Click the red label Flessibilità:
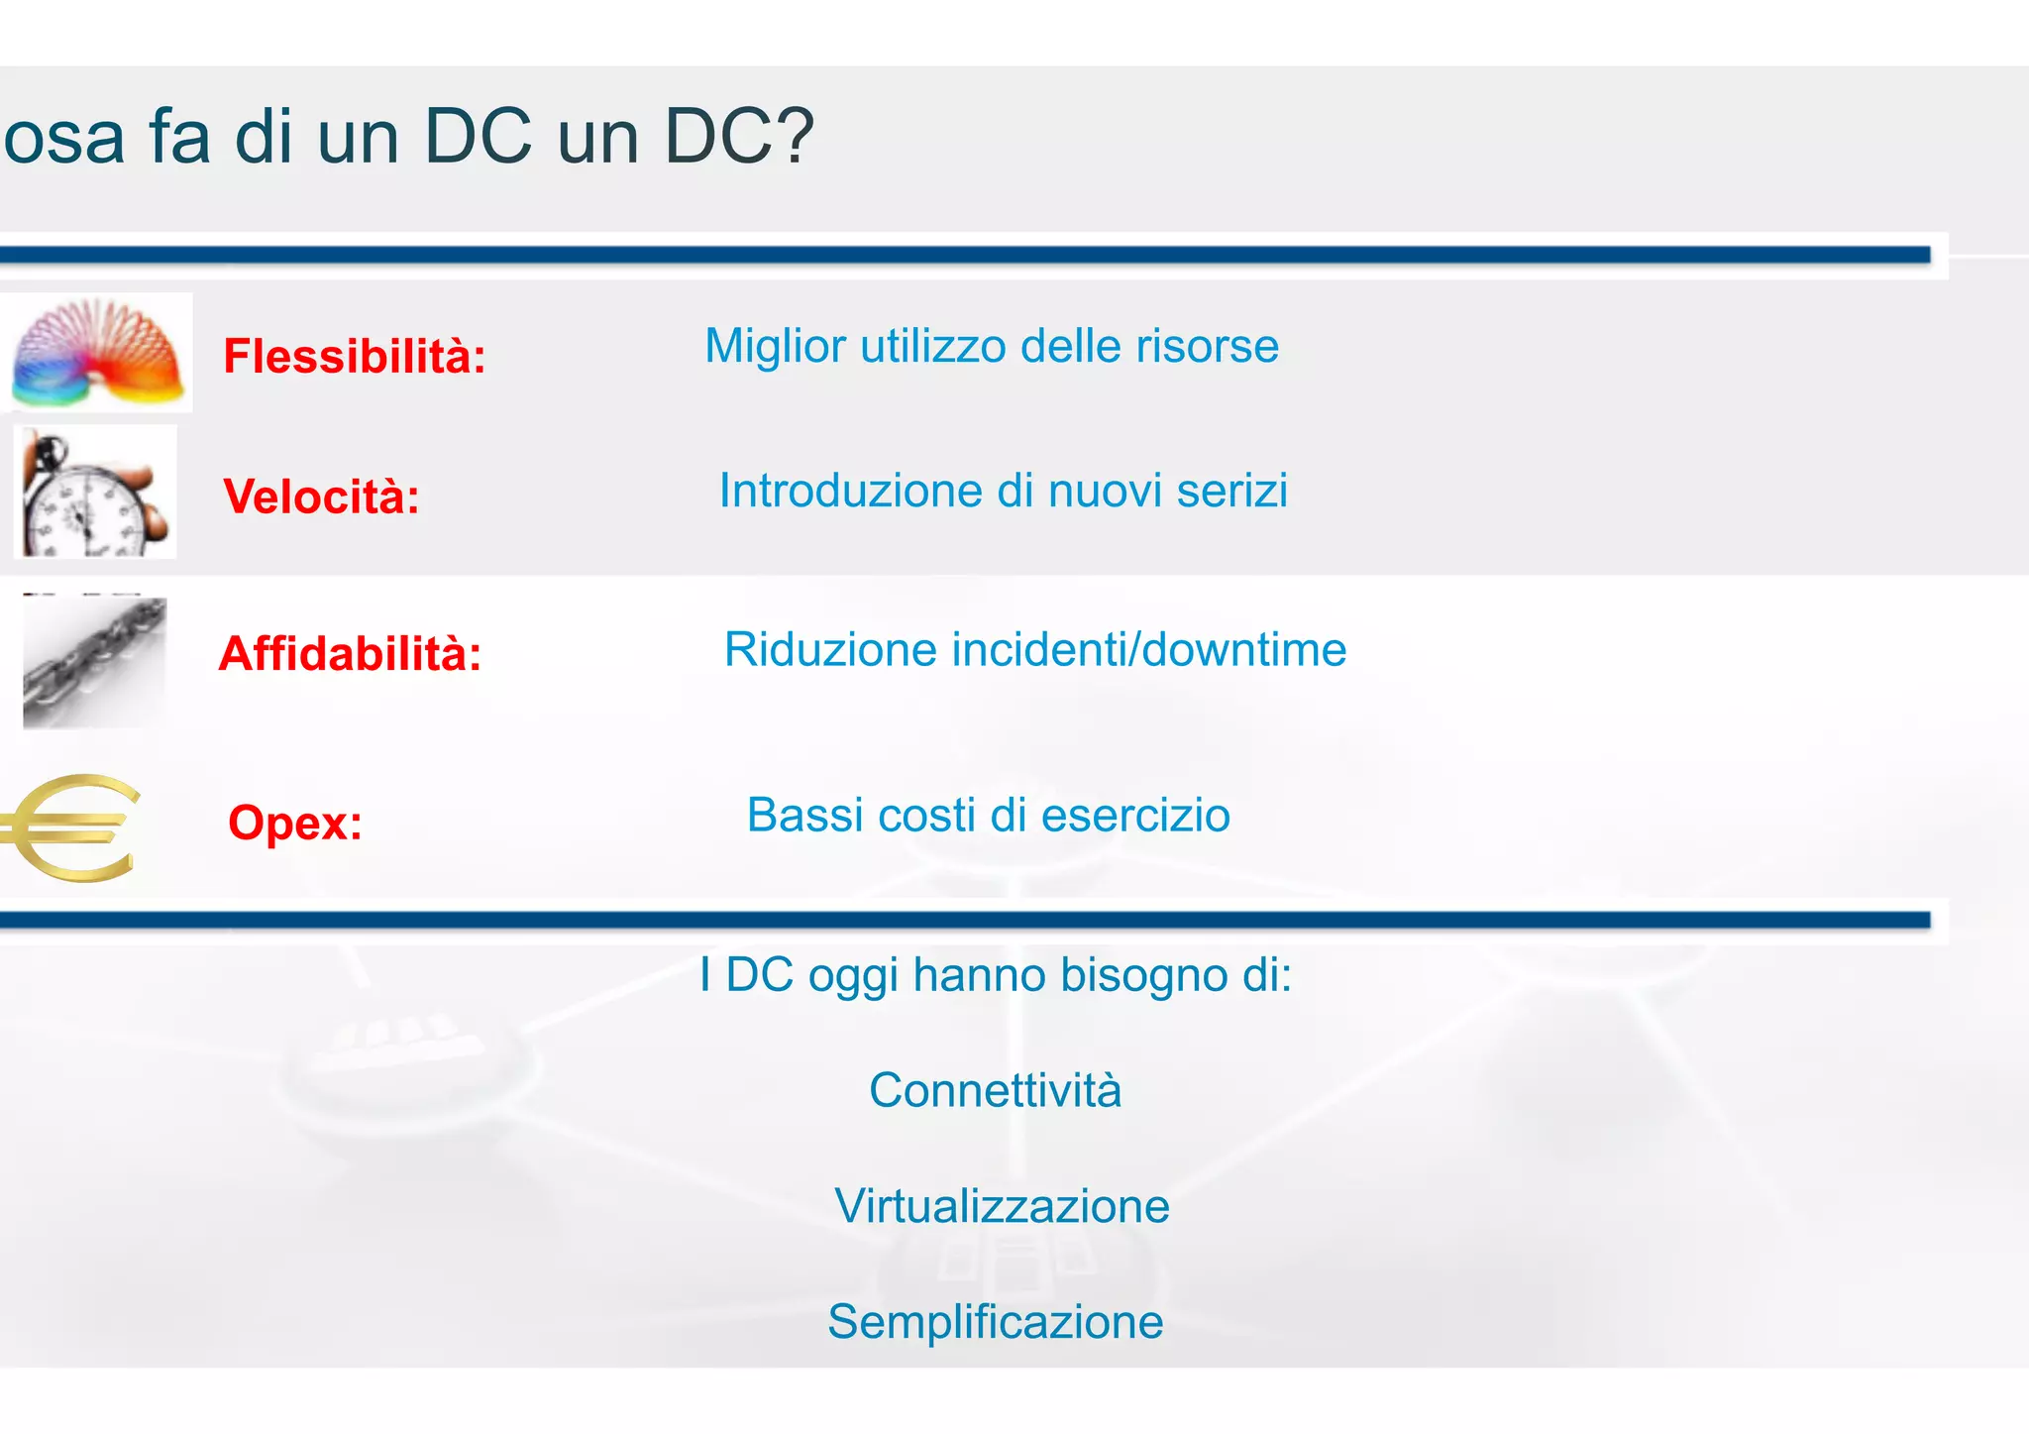coord(355,356)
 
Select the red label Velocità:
coord(321,496)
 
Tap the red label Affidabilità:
coord(350,653)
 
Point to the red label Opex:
coord(295,822)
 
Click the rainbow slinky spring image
coord(97,354)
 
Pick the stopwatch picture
coord(95,493)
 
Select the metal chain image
coord(94,662)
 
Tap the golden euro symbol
coord(69,827)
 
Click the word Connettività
coord(995,1090)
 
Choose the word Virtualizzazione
coord(1002,1206)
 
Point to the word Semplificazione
coord(995,1322)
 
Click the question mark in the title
coord(793,136)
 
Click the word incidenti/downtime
coord(1148,650)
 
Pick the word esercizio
coord(1135,816)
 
